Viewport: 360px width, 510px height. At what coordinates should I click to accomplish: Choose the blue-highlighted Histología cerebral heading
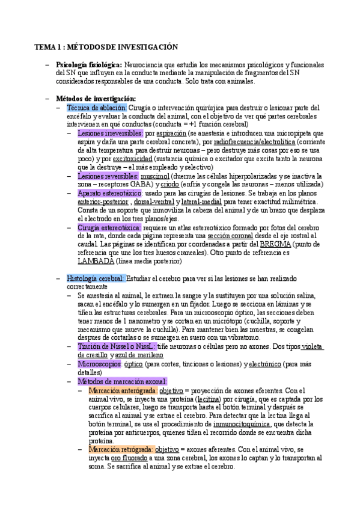(x=96, y=279)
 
